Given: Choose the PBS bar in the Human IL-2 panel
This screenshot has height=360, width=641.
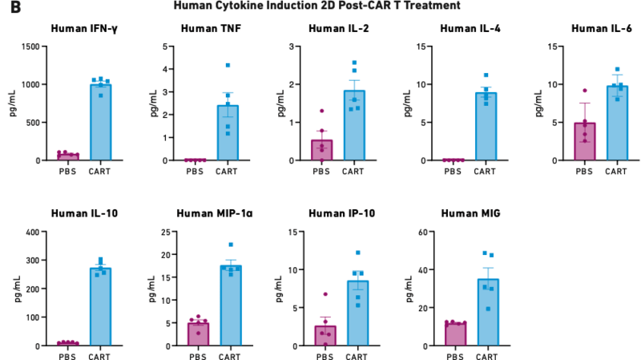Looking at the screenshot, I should (322, 150).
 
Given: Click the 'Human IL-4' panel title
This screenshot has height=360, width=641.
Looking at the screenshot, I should (467, 29).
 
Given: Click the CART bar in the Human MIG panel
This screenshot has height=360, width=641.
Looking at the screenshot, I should (488, 312).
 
